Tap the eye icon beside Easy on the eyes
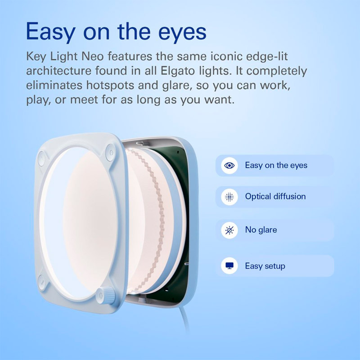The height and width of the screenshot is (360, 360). pyautogui.click(x=229, y=165)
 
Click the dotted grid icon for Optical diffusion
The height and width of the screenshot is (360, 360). pyautogui.click(x=229, y=197)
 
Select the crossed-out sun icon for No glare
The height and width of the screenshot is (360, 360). pyautogui.click(x=229, y=230)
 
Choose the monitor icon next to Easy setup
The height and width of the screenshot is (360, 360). pyautogui.click(x=229, y=266)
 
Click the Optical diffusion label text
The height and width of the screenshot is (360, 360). pyautogui.click(x=275, y=197)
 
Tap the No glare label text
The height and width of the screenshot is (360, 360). pyautogui.click(x=261, y=230)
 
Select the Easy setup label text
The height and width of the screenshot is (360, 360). pyautogui.click(x=265, y=266)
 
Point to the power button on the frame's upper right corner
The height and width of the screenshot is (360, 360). pyautogui.click(x=110, y=153)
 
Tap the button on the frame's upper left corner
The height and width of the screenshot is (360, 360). pyautogui.click(x=41, y=158)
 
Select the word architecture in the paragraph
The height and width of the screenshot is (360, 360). pyautogui.click(x=58, y=71)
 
